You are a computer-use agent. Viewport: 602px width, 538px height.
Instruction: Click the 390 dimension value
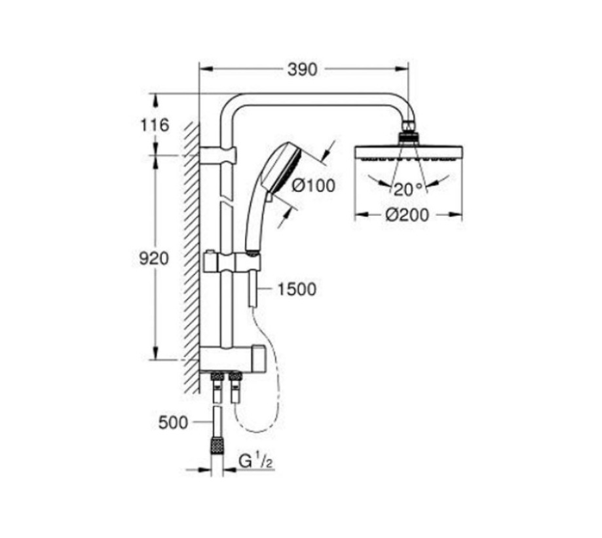[x=302, y=69]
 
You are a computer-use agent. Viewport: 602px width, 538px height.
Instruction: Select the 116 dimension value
[x=155, y=124]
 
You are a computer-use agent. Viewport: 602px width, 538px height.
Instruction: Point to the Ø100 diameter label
[x=314, y=185]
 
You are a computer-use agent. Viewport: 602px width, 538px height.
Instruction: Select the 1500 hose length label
[x=297, y=289]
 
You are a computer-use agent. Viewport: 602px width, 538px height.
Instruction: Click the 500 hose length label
[x=173, y=422]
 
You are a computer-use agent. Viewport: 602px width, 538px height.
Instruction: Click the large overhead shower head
[x=407, y=152]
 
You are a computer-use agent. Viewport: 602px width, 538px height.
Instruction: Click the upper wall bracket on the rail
[x=218, y=156]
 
